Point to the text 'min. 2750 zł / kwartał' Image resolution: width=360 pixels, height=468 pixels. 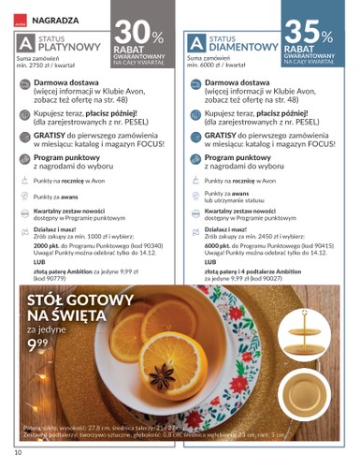[44, 68]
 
